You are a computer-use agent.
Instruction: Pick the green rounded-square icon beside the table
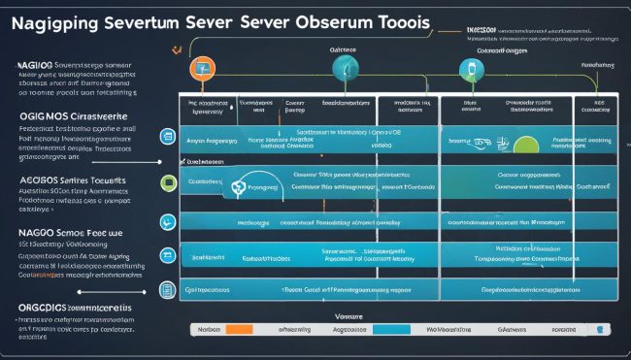tap(167, 181)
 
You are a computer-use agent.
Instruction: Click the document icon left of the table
tap(166, 290)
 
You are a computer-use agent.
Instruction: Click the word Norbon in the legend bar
tap(207, 329)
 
